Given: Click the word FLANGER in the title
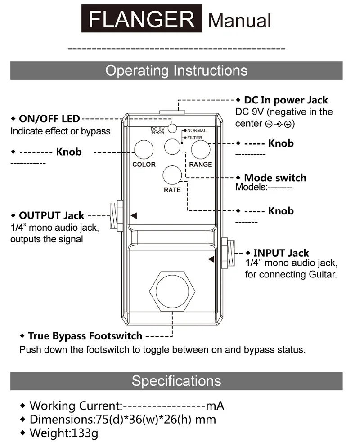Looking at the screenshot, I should pyautogui.click(x=142, y=19).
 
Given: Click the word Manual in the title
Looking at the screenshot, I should pyautogui.click(x=239, y=20).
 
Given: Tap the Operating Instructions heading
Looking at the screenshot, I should pyautogui.click(x=176, y=71).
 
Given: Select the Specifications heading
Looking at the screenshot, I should pyautogui.click(x=176, y=381).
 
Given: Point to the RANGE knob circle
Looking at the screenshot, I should pyautogui.click(x=200, y=150).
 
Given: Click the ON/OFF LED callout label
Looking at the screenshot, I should pyautogui.click(x=49, y=119).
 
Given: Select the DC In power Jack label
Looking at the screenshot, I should pyautogui.click(x=286, y=100).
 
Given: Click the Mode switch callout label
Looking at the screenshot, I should pyautogui.click(x=274, y=178).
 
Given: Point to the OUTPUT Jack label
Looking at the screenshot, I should pyautogui.click(x=58, y=216).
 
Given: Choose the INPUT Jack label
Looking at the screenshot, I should pyautogui.click(x=281, y=253).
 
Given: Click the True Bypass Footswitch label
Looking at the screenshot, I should pyautogui.click(x=85, y=336).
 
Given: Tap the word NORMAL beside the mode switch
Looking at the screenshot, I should pyautogui.click(x=197, y=131).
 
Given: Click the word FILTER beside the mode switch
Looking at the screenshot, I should pyautogui.click(x=195, y=138).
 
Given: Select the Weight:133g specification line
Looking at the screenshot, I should pyautogui.click(x=63, y=433).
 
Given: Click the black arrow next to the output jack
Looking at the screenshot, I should pyautogui.click(x=133, y=216).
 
